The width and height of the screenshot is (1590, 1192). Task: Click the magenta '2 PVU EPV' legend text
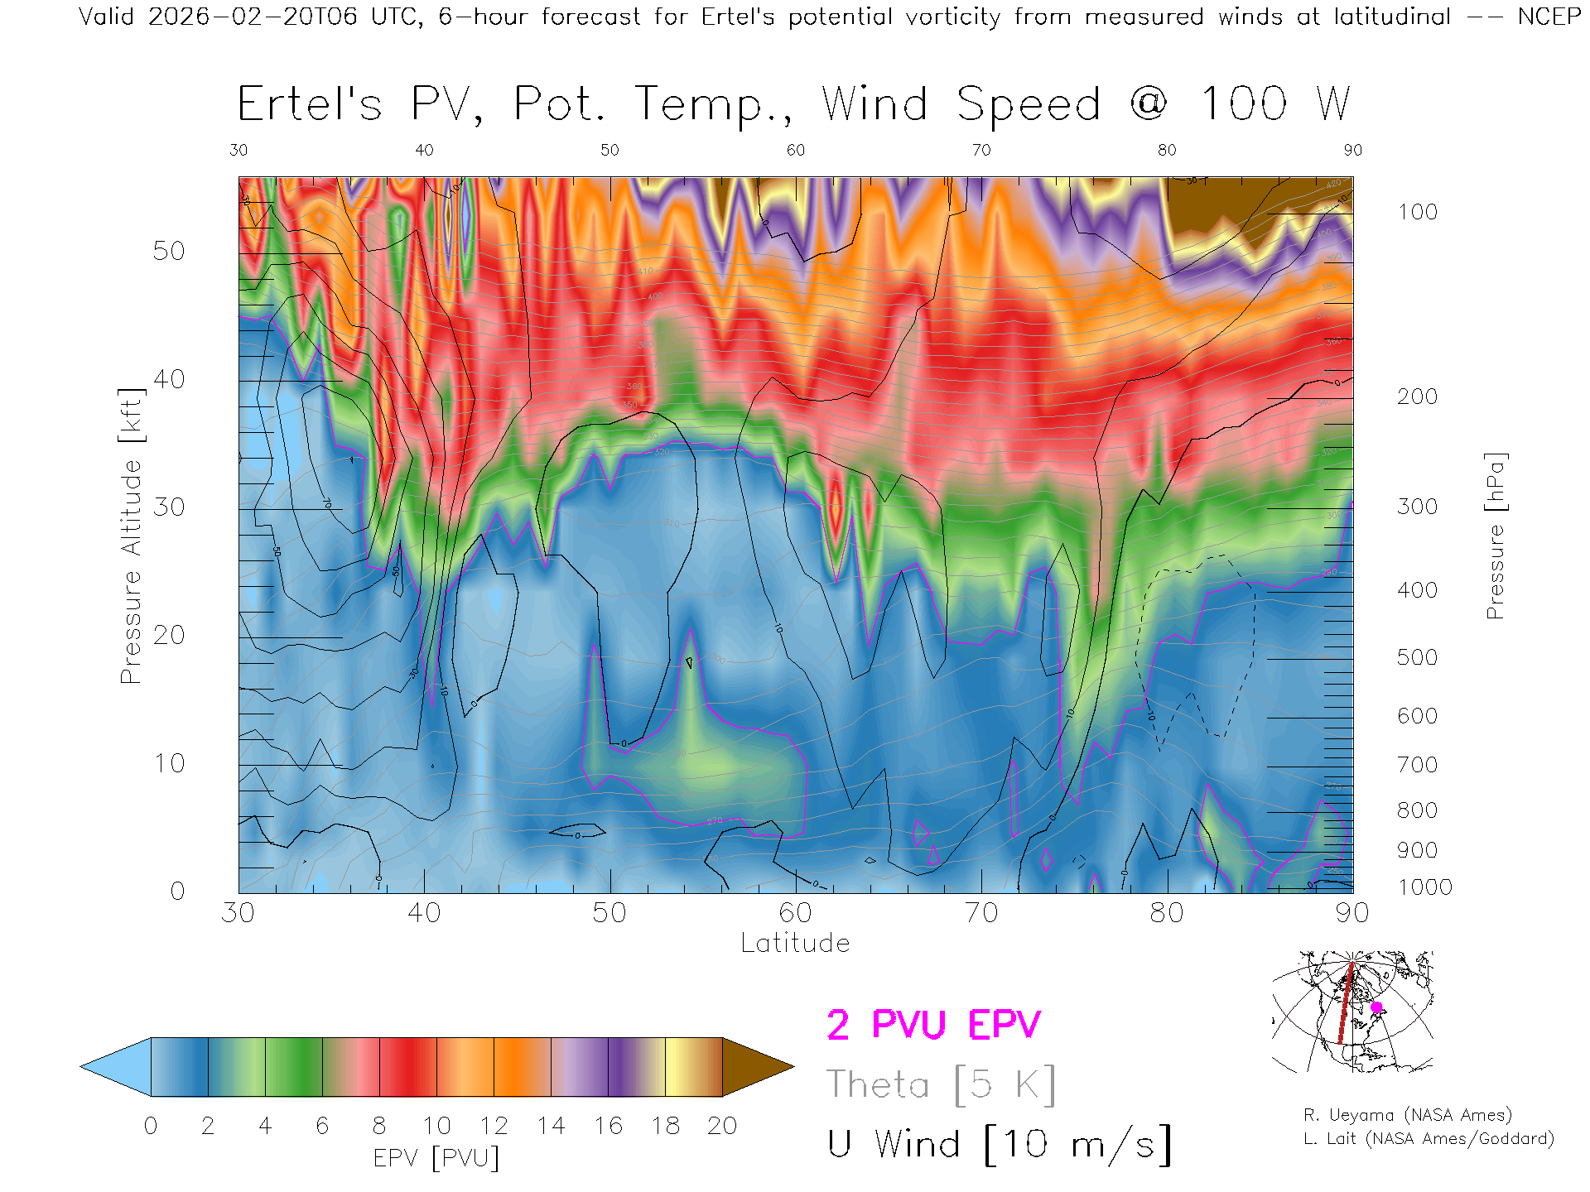tap(933, 1025)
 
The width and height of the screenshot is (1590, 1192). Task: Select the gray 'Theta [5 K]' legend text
tap(941, 1084)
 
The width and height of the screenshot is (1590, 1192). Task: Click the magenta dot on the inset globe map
tap(1376, 1007)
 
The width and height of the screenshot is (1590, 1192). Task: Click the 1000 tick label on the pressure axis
tap(1424, 887)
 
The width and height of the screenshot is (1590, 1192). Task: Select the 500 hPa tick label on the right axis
tap(1418, 657)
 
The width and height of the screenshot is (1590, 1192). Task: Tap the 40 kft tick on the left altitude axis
tap(169, 380)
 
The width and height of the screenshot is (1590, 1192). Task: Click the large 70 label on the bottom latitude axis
tap(981, 913)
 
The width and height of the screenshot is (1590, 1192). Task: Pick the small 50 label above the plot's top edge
tap(609, 150)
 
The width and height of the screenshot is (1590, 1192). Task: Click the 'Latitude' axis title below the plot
tap(795, 944)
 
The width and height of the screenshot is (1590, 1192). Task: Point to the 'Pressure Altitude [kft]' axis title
tap(131, 536)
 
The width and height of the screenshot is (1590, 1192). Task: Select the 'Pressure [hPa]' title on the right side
tap(1495, 536)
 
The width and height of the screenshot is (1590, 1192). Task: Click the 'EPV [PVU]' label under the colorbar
tap(436, 1158)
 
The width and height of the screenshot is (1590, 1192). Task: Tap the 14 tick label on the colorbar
tap(551, 1126)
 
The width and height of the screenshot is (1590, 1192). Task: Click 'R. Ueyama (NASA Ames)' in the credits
tap(1408, 1116)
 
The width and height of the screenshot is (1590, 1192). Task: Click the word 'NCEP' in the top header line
tap(1549, 17)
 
